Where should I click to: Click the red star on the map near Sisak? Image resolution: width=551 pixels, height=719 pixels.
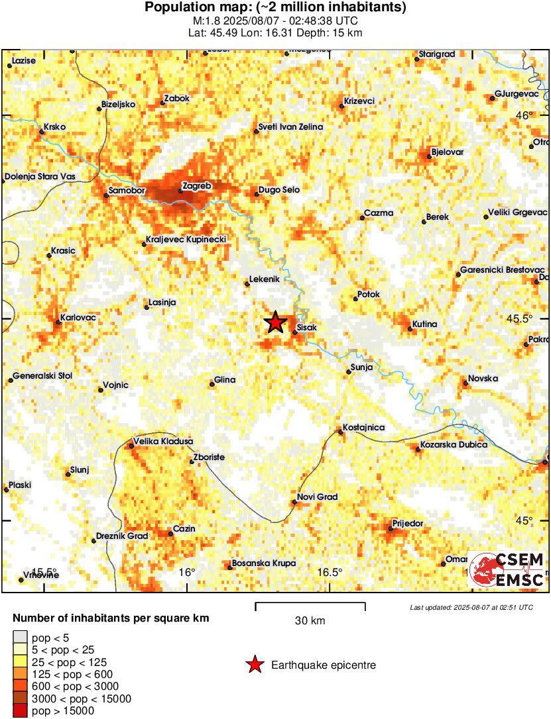pyautogui.click(x=275, y=322)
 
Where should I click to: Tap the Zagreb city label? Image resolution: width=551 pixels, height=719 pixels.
pyautogui.click(x=197, y=187)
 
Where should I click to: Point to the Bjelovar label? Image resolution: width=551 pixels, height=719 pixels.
pyautogui.click(x=447, y=152)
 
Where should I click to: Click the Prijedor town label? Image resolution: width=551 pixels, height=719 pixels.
pyautogui.click(x=407, y=523)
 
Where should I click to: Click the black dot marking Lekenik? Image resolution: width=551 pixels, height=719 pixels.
pyautogui.click(x=247, y=283)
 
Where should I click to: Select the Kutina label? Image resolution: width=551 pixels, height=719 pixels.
pyautogui.click(x=424, y=324)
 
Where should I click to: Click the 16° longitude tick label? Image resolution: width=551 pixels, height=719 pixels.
pyautogui.click(x=187, y=572)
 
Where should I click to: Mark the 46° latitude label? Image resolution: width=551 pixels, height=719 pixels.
pyautogui.click(x=524, y=116)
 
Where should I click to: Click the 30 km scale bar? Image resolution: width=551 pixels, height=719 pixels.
pyautogui.click(x=310, y=604)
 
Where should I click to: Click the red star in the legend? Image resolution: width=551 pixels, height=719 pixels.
pyautogui.click(x=254, y=665)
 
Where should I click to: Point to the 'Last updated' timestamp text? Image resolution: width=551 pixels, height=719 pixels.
pyautogui.click(x=471, y=607)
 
